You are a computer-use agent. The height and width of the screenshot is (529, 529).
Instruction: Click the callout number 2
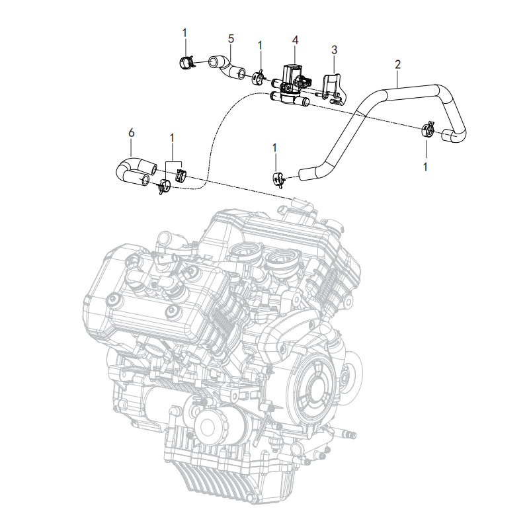398,64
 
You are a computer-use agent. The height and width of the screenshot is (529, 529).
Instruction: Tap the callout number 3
334,50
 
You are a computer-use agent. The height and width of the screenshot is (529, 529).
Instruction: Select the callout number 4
295,40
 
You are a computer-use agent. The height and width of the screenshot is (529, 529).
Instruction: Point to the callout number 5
231,39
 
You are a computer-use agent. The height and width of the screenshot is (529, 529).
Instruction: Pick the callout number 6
131,133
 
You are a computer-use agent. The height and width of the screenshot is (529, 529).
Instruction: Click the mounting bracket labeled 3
333,88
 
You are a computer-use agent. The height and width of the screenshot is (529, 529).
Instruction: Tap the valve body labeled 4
291,85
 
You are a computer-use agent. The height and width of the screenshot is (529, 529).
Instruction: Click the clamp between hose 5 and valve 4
258,78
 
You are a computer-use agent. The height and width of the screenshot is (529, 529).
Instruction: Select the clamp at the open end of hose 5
186,63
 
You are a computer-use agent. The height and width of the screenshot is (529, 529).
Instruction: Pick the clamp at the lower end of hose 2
278,179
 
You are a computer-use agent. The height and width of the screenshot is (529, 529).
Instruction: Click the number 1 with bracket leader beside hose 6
172,138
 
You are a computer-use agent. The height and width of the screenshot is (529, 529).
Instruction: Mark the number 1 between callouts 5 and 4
260,46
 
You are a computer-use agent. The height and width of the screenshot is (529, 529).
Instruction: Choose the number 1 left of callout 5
184,33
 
